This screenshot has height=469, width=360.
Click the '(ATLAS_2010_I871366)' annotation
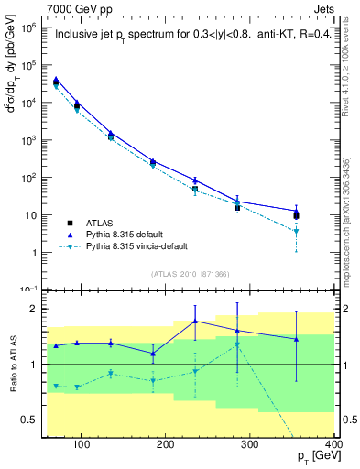191,274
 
